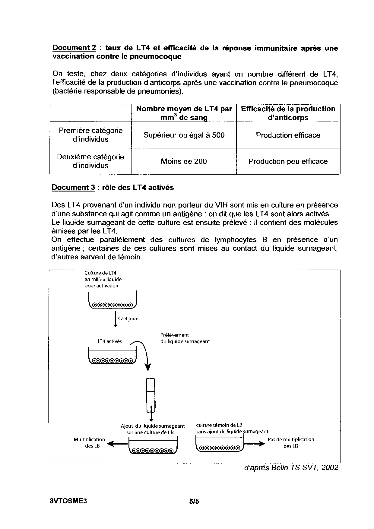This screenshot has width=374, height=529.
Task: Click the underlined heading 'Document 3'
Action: pos(73,188)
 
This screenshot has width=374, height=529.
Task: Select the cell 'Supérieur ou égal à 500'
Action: pos(184,135)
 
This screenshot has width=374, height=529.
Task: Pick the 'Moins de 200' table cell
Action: pos(184,161)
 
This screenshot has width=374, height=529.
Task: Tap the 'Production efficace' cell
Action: pos(288,135)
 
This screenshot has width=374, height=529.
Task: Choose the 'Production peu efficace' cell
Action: pos(288,161)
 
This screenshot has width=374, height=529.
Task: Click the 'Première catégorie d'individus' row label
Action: pos(90,135)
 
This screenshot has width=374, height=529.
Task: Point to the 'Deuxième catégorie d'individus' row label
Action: pos(90,161)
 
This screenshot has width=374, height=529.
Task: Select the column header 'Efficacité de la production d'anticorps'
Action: pos(288,113)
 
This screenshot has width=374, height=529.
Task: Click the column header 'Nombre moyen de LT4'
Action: pos(184,113)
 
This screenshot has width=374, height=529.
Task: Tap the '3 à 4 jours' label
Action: pos(128,319)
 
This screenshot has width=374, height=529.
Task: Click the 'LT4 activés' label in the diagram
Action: pos(110,341)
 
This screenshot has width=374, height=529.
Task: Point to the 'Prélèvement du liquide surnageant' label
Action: pos(185,338)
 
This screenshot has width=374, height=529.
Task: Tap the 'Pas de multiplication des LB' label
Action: pos(291,443)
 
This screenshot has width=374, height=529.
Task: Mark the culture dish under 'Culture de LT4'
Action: pos(113,301)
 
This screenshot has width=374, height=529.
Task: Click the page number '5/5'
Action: pos(194,501)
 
